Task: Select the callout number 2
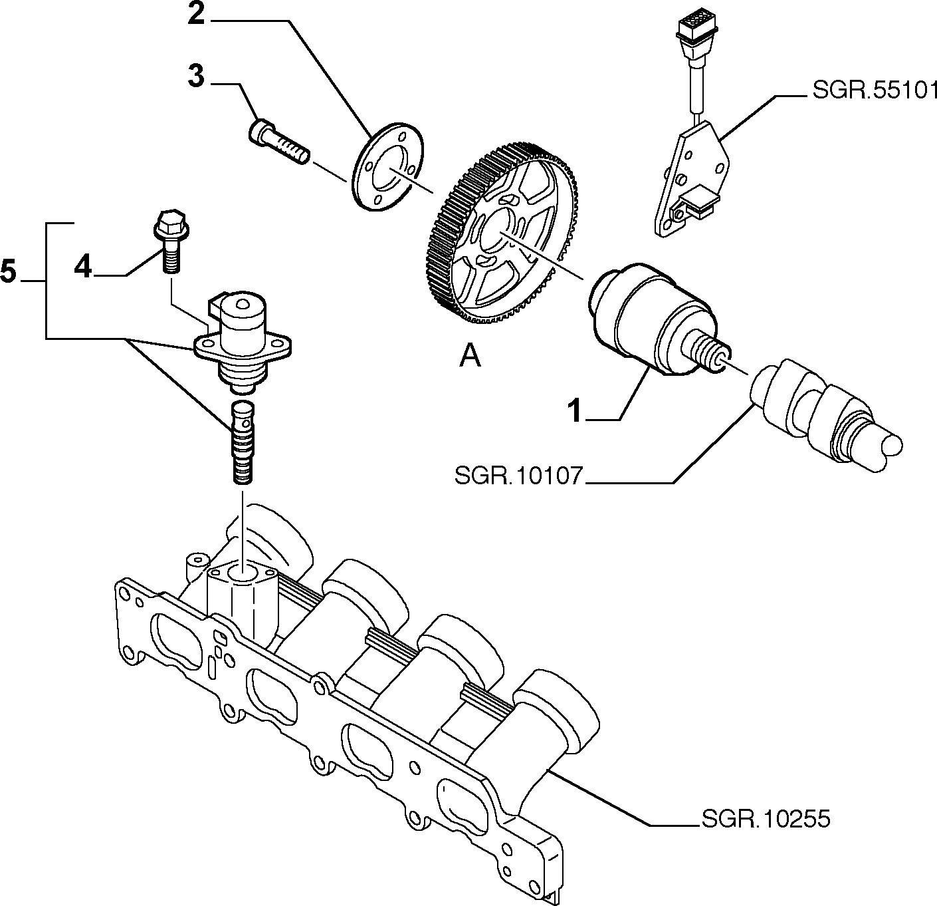tap(196, 15)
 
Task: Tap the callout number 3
tap(196, 76)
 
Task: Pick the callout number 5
tap(8, 271)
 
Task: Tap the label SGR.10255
tap(766, 818)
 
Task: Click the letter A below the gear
tap(470, 357)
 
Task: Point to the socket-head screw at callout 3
tap(279, 140)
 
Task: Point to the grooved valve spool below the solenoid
tap(243, 442)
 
